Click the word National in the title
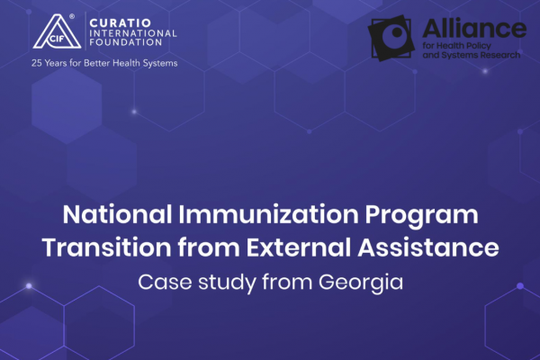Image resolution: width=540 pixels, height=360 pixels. coord(117,214)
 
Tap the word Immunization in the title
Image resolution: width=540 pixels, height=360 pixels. coord(268,214)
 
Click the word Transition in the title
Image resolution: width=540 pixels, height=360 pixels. coord(106,247)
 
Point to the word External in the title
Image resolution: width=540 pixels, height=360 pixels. coord(299,247)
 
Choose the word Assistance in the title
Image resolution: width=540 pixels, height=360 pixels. coord(428,247)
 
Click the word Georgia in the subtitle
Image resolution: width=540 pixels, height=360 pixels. coord(361,283)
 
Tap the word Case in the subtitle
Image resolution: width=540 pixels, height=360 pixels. coord(165,282)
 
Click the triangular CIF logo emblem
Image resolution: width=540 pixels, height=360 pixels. coord(57,31)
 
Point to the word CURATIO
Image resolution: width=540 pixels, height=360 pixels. coord(121,23)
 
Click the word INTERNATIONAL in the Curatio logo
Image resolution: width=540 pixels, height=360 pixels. coord(133,33)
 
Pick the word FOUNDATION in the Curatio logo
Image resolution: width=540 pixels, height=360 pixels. coord(126,42)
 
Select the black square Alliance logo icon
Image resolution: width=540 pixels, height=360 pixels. coord(391,38)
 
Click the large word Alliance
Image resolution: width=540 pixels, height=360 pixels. coord(474,28)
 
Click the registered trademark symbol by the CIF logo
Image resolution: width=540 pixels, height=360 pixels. coord(72,16)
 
